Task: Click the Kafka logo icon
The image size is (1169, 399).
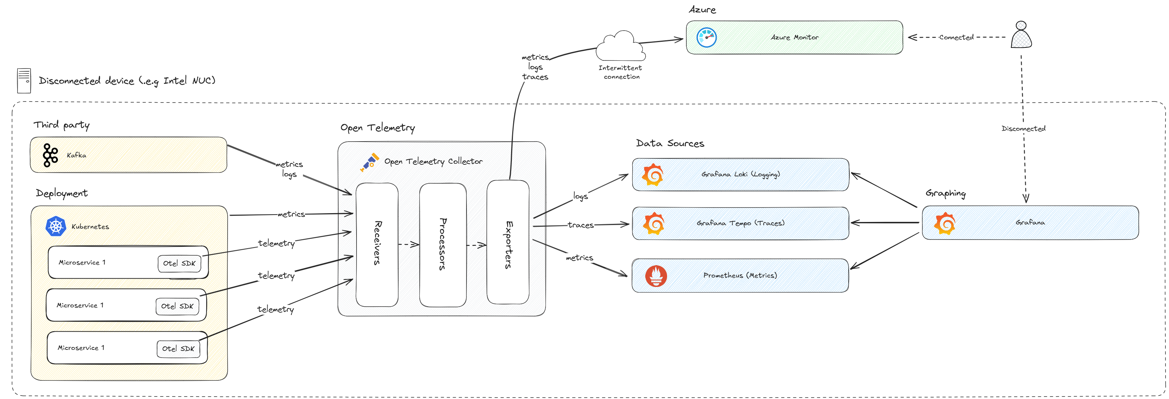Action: tap(50, 155)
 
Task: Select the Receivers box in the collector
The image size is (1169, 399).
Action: tap(377, 244)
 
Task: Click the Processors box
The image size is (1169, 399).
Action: tap(443, 244)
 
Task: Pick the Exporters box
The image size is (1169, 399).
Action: tap(508, 242)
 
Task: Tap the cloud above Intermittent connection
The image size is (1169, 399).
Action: tap(620, 47)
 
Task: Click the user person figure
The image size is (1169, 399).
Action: tap(1021, 35)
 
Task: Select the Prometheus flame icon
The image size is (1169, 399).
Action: tap(656, 275)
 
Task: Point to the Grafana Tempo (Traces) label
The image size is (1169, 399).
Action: tap(740, 223)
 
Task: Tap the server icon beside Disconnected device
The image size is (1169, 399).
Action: tap(24, 81)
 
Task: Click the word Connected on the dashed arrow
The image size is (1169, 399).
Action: tap(956, 38)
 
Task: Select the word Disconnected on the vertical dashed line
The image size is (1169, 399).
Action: tap(1023, 129)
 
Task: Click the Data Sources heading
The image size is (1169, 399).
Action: tap(670, 143)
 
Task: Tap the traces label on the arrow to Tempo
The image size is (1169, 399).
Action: tap(580, 225)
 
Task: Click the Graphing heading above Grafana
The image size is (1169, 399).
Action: tap(946, 194)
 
